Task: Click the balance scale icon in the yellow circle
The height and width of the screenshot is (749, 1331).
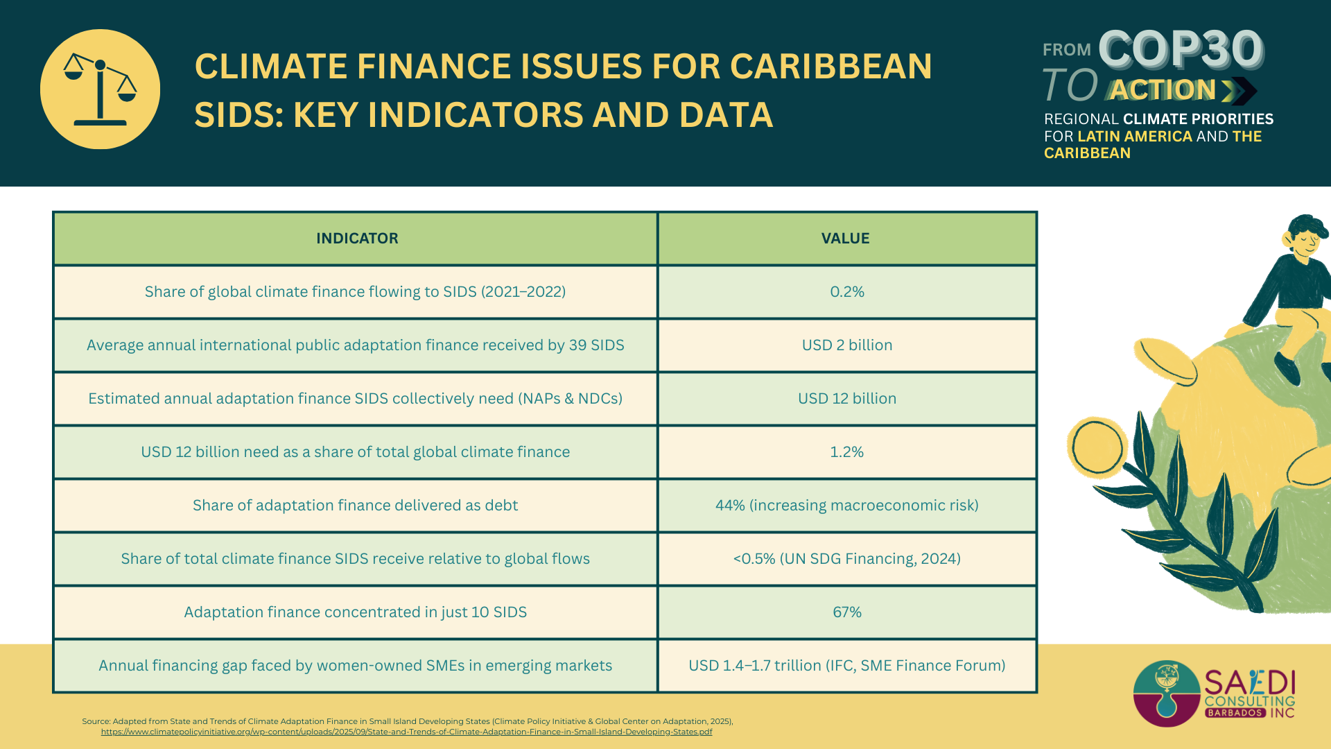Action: [100, 89]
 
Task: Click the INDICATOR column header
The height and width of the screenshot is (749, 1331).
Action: [357, 239]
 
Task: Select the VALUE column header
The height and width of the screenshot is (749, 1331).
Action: [845, 239]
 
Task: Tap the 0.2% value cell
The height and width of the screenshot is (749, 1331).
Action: [846, 292]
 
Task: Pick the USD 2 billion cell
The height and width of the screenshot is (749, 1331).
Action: [846, 345]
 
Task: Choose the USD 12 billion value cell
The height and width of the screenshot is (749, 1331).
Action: [846, 399]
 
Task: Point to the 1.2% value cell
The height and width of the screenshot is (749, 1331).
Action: [846, 452]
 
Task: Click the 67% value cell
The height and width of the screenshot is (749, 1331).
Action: [846, 612]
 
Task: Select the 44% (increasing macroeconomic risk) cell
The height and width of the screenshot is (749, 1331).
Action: [846, 506]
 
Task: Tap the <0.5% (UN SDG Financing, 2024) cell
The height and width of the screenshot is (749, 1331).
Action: [846, 559]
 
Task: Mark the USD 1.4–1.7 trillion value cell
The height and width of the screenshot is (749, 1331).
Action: [846, 666]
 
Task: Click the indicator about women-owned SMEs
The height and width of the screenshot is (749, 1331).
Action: [355, 666]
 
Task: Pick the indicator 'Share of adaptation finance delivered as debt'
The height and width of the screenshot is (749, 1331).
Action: [355, 506]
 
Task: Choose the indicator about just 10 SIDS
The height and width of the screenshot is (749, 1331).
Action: [355, 612]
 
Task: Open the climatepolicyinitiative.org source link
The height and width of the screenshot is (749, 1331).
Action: [406, 732]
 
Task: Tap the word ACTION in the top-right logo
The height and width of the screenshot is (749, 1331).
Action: [1163, 90]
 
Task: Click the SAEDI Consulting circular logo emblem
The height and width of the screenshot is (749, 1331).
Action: [1167, 694]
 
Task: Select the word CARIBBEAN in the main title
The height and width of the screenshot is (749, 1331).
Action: [830, 67]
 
